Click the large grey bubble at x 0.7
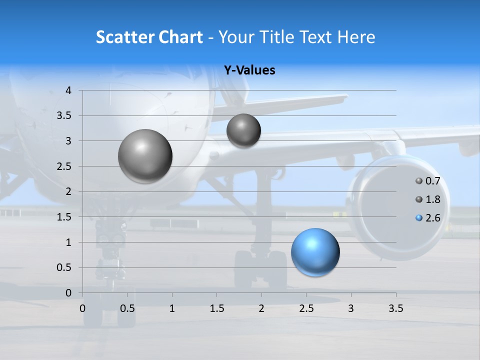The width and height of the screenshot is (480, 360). point(145,156)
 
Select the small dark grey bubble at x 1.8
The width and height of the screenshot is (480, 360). point(243,131)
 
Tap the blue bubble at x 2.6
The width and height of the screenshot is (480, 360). point(315,252)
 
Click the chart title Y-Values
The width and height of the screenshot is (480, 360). point(249,70)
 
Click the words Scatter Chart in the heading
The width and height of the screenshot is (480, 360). point(149,37)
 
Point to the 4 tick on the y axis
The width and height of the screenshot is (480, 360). point(68,90)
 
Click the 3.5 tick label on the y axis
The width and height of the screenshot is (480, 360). point(64,116)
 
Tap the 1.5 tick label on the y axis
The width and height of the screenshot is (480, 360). point(64,217)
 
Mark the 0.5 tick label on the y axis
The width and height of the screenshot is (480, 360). point(64,267)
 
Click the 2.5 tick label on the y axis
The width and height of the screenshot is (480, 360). point(64,166)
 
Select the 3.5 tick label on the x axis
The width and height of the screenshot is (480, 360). point(395,309)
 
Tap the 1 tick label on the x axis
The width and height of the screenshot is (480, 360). point(172,309)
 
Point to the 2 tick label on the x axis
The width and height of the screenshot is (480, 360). point(261,309)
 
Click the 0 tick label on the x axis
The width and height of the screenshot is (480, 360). point(83,309)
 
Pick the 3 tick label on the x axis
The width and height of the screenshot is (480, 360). point(351,309)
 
